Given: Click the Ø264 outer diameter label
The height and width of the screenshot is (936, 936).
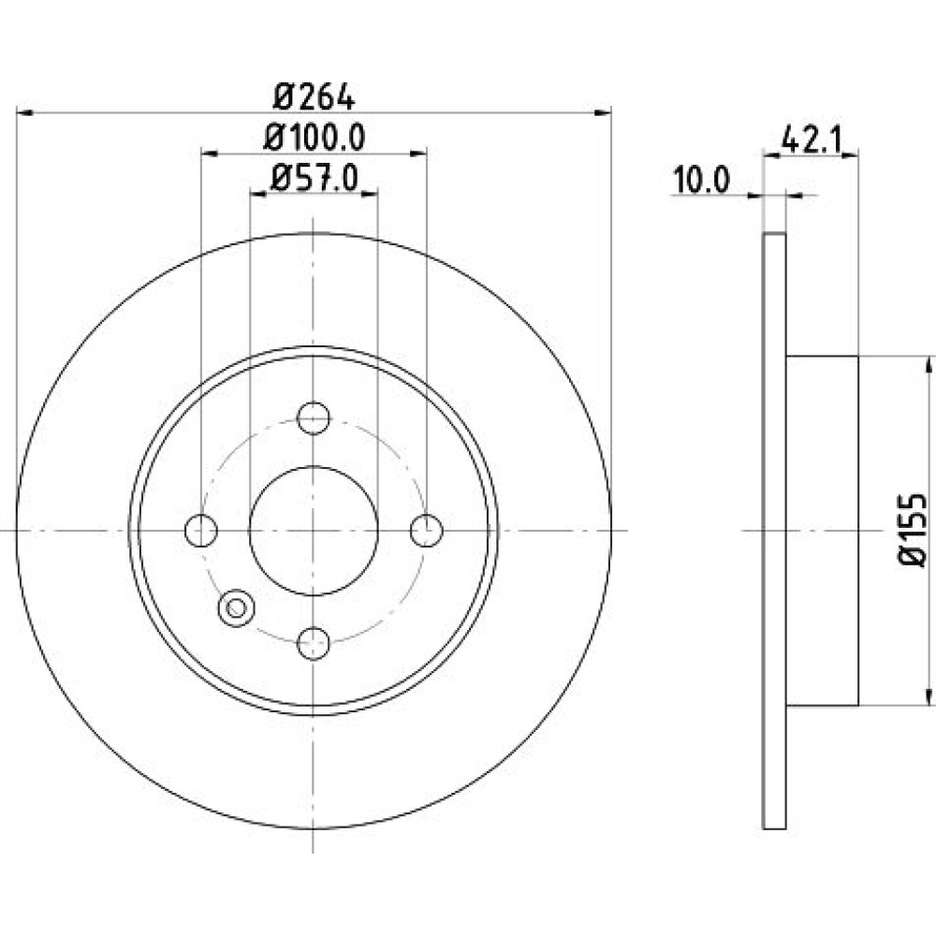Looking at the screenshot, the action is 314,96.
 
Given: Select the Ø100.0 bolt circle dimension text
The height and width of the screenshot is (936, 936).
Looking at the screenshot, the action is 314,138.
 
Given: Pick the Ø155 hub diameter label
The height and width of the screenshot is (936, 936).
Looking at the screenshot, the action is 912,530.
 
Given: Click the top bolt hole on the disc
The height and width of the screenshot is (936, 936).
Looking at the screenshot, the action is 314,417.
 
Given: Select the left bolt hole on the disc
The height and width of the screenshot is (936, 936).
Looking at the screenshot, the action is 201,530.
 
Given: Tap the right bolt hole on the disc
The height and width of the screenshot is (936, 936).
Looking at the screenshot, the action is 427,530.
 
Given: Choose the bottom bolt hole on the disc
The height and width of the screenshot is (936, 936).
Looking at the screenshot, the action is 314,643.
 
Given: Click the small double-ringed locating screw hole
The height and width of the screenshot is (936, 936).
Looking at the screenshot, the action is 237,608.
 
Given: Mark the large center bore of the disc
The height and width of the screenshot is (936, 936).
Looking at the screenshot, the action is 314,530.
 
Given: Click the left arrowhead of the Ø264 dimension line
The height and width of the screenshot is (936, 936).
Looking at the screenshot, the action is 24,112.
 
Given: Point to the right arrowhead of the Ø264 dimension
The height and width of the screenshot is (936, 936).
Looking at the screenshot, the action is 604,112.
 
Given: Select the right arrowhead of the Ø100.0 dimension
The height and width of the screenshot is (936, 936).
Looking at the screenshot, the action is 419,154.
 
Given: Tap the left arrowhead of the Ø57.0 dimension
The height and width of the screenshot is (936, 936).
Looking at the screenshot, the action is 257,194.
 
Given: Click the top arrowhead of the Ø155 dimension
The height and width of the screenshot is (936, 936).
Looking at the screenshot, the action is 929,364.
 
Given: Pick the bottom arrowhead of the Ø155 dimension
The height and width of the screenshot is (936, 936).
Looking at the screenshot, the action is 929,697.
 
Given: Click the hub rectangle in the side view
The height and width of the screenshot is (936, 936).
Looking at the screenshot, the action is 822,531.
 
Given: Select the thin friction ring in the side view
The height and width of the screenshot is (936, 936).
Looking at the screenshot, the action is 775,531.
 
